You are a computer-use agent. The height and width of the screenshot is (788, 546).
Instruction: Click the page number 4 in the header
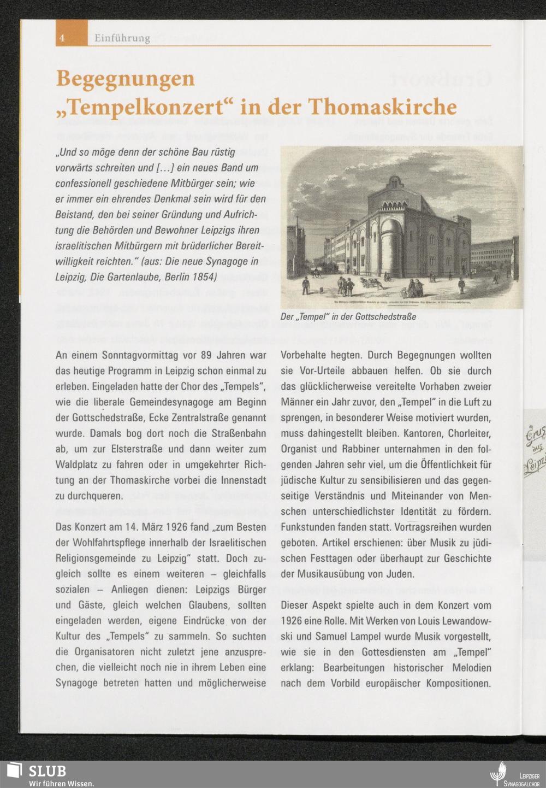(63, 38)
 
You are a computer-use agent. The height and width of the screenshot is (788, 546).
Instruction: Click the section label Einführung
(122, 38)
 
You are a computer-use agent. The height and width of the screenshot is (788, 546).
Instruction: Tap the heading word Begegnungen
(126, 79)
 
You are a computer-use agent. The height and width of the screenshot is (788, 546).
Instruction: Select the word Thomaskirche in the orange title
(382, 106)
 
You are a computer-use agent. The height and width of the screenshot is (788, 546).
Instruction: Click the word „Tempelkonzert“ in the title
(145, 106)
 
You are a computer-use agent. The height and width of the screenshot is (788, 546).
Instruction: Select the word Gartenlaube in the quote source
(131, 277)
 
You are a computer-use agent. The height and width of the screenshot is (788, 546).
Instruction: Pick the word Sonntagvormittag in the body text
(132, 356)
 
